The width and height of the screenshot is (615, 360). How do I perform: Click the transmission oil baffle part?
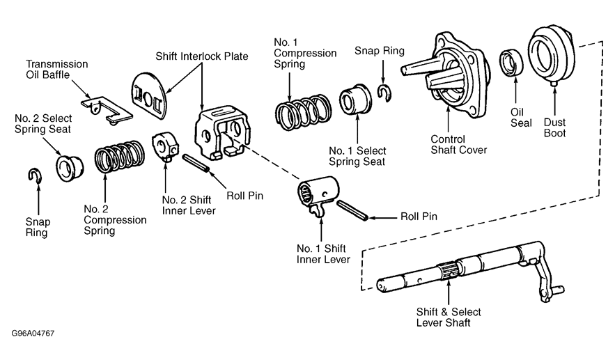(x=105, y=108)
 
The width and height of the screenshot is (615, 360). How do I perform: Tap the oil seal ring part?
(x=514, y=62)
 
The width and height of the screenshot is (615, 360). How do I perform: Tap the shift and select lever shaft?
(x=460, y=267)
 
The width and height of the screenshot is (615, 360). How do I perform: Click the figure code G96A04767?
(x=32, y=334)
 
